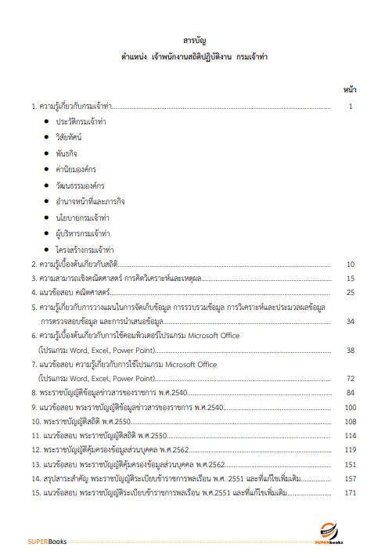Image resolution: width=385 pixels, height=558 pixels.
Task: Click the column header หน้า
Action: tap(351, 90)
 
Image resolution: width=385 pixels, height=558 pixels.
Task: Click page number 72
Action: tap(351, 378)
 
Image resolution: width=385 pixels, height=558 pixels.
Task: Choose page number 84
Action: tap(351, 392)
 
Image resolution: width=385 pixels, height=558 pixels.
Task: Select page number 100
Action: tap(350, 407)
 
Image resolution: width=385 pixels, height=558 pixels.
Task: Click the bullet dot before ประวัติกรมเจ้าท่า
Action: tap(47, 122)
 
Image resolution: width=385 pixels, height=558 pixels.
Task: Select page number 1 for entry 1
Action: tap(353, 105)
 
